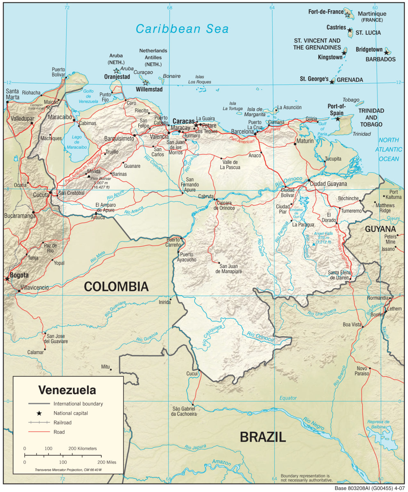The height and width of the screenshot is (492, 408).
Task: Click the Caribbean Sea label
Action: coord(182,29)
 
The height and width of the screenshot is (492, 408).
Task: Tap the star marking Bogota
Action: coord(7,279)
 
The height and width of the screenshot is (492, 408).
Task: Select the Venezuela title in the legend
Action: coord(67,390)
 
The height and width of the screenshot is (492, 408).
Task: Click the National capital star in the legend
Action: coord(39,413)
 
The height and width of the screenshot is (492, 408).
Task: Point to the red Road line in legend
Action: coord(39,432)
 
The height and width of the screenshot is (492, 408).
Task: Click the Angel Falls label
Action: coord(323,234)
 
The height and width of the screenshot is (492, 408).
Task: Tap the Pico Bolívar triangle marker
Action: coord(89,176)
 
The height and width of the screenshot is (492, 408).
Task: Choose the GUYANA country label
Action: coord(380,229)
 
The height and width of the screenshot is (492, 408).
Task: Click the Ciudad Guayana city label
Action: coord(328,184)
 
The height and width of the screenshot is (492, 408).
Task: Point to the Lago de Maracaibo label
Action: coord(77,142)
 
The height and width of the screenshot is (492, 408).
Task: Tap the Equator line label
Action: coord(288,398)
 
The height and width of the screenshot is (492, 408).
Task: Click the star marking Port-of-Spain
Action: coord(338,119)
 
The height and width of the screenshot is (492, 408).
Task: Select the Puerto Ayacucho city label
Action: coord(186,257)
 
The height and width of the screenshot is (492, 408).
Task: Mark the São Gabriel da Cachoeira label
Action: coord(184,411)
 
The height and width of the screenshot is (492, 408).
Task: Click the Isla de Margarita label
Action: coord(255,112)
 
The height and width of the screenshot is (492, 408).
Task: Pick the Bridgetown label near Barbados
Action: coord(369,50)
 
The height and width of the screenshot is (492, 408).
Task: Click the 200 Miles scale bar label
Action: coord(107,462)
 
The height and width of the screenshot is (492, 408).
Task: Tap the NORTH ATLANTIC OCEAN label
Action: coord(388,150)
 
